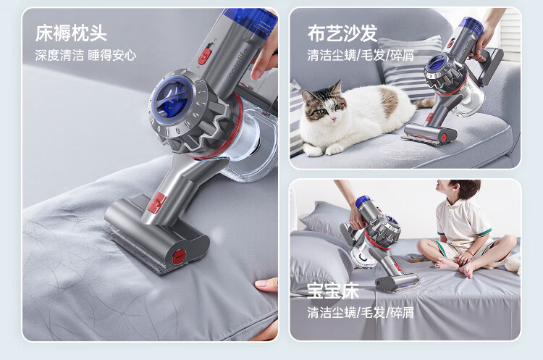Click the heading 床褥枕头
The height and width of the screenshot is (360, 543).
coord(71,33)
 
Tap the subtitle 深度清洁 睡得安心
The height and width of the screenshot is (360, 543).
coord(85,56)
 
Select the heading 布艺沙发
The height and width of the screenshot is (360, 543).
coord(342,33)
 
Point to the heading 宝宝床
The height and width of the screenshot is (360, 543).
coord(333,291)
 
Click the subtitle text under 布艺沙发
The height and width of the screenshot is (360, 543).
coord(361,56)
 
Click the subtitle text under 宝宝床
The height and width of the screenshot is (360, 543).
coord(361,312)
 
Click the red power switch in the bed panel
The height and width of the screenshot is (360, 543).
coord(206,56)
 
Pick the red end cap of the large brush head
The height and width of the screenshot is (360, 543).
coord(180,256)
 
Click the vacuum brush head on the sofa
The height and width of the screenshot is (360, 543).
coord(428,134)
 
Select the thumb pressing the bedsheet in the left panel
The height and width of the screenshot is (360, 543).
coord(266,285)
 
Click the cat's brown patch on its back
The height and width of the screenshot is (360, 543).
coord(389,101)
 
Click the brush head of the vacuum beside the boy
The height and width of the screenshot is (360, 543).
coord(397,282)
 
